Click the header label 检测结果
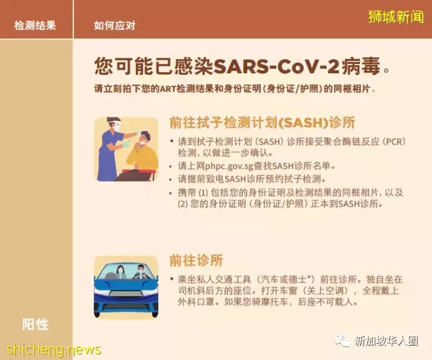tap(35, 25)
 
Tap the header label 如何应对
tap(114, 25)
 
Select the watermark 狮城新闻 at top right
tap(395, 16)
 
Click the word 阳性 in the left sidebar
tap(35, 325)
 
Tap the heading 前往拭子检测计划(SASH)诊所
tap(270, 122)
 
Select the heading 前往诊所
tap(196, 260)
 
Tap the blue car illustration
tap(125, 287)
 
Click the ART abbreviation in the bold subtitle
tap(169, 88)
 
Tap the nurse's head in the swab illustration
tap(112, 124)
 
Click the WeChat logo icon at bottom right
tap(343, 340)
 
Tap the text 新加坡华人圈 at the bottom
tap(385, 341)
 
